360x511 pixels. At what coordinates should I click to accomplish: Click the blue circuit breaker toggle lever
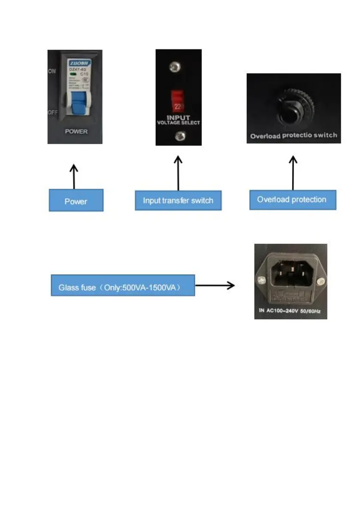(x=77, y=103)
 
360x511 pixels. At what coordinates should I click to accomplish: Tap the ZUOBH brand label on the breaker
(x=77, y=62)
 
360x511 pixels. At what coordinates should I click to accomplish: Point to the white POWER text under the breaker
(x=76, y=131)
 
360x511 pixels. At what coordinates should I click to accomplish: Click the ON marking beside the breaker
(x=52, y=72)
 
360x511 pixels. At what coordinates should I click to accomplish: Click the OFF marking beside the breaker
(x=52, y=112)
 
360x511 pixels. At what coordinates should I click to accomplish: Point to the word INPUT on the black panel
(x=178, y=116)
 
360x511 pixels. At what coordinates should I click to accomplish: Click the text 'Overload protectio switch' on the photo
(x=293, y=136)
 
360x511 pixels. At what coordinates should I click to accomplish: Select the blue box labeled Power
(x=76, y=200)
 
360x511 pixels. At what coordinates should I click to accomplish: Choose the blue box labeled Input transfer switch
(x=178, y=200)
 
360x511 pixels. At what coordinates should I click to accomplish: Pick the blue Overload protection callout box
(x=293, y=200)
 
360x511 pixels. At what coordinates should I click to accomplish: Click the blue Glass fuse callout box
(x=123, y=285)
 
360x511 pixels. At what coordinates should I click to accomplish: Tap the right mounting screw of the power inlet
(x=319, y=282)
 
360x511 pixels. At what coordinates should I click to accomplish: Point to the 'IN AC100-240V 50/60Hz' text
(x=290, y=310)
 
